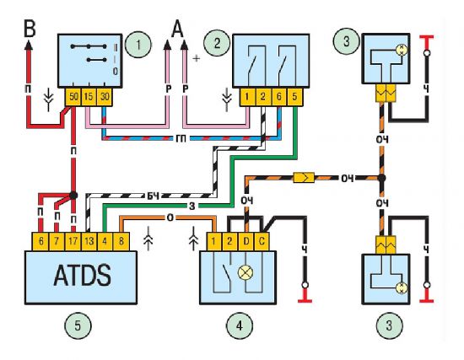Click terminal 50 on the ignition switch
[73, 97]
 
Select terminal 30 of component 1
[105, 97]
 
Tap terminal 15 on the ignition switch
[89, 97]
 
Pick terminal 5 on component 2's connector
[294, 97]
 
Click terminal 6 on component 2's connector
[278, 97]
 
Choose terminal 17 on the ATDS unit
[73, 241]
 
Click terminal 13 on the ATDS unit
[89, 241]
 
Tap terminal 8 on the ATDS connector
[121, 241]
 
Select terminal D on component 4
[245, 241]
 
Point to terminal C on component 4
[262, 241]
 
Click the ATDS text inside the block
[83, 276]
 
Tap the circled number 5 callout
[78, 325]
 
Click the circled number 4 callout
[240, 325]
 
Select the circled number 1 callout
[138, 45]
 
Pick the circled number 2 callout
[217, 43]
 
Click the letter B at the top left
[30, 29]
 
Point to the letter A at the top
[177, 30]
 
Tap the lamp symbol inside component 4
[245, 272]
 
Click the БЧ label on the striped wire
[154, 196]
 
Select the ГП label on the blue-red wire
[181, 138]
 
